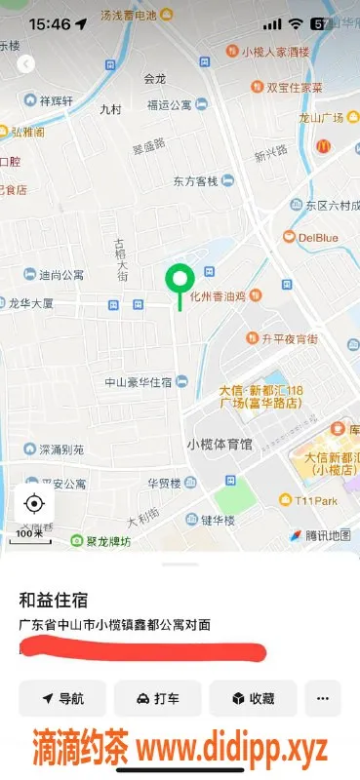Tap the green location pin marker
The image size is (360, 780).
179,282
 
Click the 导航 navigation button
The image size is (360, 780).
62,698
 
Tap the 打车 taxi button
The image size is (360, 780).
157,698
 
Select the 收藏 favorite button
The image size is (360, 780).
252,698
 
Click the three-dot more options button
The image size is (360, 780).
323,698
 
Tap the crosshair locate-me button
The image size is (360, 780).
35,503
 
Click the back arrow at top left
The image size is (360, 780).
26,63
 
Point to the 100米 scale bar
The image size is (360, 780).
30,533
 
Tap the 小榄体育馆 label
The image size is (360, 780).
219,444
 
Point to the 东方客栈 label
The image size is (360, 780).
198,180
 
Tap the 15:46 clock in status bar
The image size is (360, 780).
51,23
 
